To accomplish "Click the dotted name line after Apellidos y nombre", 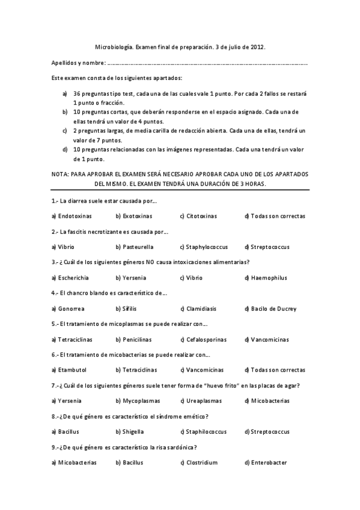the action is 207,63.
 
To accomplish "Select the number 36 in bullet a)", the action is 76,94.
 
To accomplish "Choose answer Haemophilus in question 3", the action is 269,278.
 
